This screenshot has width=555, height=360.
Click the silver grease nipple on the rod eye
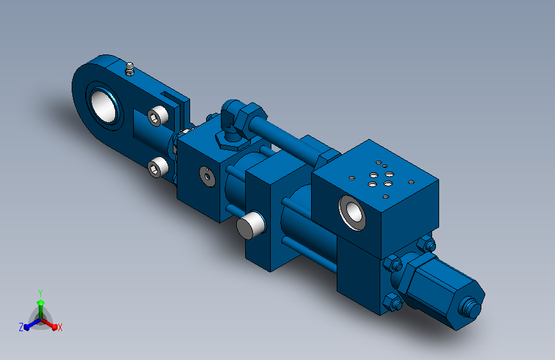click(x=130, y=69)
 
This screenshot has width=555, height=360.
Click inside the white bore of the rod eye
click(x=103, y=105)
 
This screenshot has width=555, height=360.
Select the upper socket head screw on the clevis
click(x=158, y=116)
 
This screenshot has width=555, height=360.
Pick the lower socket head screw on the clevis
click(x=157, y=168)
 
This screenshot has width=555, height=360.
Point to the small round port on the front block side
click(x=207, y=176)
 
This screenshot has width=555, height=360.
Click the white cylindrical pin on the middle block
click(x=250, y=225)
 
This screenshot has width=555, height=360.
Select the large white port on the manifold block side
click(x=352, y=212)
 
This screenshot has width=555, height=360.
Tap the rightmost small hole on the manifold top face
click(x=412, y=182)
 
